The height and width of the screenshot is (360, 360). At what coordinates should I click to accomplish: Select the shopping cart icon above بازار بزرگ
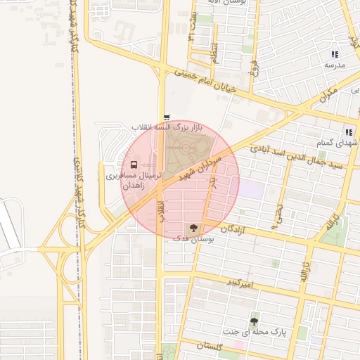pos(167,117)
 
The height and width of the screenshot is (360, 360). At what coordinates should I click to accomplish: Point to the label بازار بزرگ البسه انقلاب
pos(167,127)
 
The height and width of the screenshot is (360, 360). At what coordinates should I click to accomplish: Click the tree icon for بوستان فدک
pos(193,228)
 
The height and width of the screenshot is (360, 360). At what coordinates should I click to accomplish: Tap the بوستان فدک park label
pos(194,239)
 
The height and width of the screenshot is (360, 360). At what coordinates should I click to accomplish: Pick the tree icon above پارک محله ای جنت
pos(254,321)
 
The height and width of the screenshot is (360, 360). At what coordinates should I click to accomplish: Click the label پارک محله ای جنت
pos(255,331)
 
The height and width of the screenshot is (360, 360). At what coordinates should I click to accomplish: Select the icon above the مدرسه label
pos(335,54)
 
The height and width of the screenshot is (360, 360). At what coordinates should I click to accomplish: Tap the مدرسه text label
pos(335,65)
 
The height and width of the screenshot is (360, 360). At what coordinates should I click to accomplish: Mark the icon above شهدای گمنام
pos(348,131)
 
